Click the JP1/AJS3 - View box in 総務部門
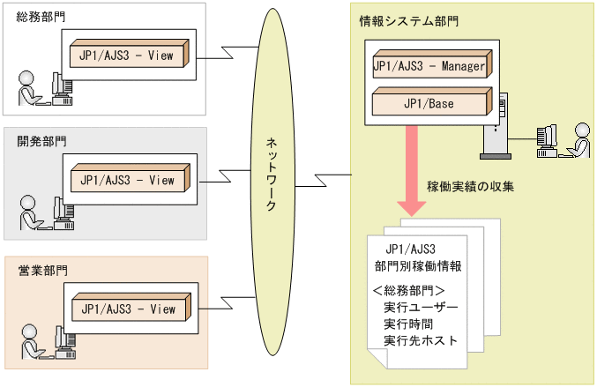[x=127, y=56]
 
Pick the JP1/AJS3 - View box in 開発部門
[x=127, y=181]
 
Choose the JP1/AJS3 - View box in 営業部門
[x=127, y=309]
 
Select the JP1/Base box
[x=430, y=104]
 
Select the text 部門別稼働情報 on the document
[x=420, y=265]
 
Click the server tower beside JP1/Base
[x=495, y=128]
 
